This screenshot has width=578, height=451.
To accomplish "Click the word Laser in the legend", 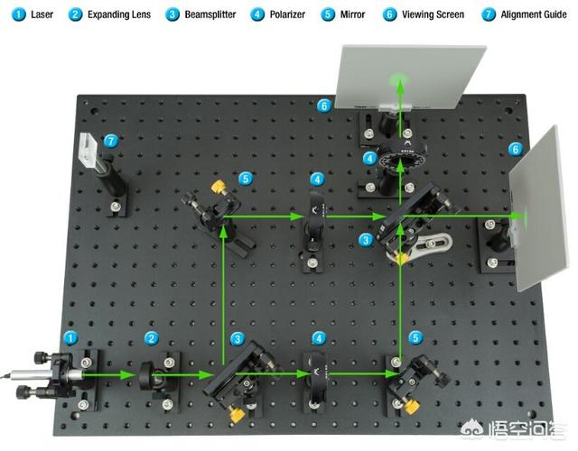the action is pos(42,14).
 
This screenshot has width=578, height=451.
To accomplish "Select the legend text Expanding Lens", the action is pos(119,14).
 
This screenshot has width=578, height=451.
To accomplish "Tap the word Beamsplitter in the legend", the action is pos(210,14).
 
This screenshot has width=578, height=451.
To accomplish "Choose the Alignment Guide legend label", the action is pos(534,14).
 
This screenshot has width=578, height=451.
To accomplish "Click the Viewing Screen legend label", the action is pos(433,14).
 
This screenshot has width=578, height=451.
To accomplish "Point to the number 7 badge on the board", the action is pos(111,141).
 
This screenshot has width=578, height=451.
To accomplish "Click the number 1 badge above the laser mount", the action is pos(70,338).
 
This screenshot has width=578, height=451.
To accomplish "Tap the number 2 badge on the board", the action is pos(151,338).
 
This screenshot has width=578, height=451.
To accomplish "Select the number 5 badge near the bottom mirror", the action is pos(415,337).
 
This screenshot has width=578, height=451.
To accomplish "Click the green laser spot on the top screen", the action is pos(399,78).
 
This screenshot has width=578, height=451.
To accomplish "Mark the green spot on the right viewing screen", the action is pos(524,216).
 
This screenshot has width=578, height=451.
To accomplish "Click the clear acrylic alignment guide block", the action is pos(89,152).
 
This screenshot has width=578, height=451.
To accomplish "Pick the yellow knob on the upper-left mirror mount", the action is pos(219,187).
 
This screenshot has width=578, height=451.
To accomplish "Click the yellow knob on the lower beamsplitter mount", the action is pos(238,415).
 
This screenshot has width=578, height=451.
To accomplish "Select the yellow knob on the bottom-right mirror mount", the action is pos(412,407).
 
